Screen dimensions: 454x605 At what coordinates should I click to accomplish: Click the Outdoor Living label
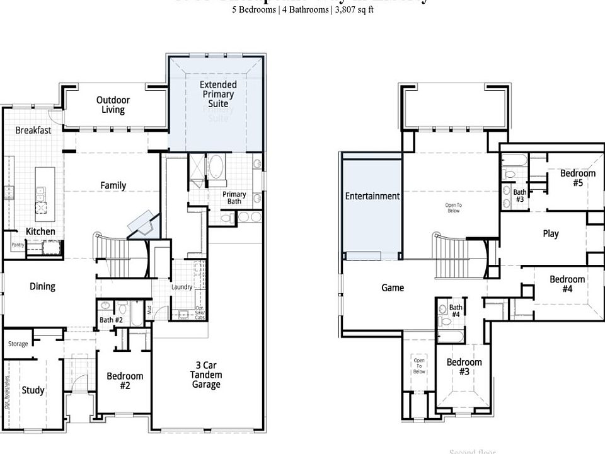pos(113,105)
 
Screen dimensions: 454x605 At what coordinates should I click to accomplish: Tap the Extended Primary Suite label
pos(218,94)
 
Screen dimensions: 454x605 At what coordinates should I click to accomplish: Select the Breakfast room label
pos(33,130)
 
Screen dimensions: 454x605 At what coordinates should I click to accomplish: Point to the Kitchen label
pos(40,231)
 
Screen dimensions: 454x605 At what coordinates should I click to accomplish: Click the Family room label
pos(113,185)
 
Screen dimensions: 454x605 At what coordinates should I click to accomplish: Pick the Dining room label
pos(42,286)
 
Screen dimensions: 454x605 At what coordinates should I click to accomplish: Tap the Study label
pos(33,390)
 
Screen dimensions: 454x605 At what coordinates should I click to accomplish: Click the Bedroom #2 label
pos(125,380)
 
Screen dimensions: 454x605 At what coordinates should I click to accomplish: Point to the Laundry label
pos(181,288)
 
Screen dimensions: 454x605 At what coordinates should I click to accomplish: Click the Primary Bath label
pos(234,198)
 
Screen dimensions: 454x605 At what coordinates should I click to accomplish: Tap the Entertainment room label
pos(372,196)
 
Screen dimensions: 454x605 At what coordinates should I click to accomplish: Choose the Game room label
pos(393,288)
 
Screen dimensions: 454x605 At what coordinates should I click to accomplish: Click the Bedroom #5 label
pos(577,178)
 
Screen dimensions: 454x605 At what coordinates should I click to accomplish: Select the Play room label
pos(550,233)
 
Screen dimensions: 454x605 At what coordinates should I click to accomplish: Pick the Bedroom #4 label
pos(567,284)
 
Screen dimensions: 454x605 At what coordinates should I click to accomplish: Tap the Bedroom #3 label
pos(464,366)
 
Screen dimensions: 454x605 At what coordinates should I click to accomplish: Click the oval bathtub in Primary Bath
pos(216,167)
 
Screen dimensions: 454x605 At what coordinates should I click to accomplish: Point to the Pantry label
pos(17,245)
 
